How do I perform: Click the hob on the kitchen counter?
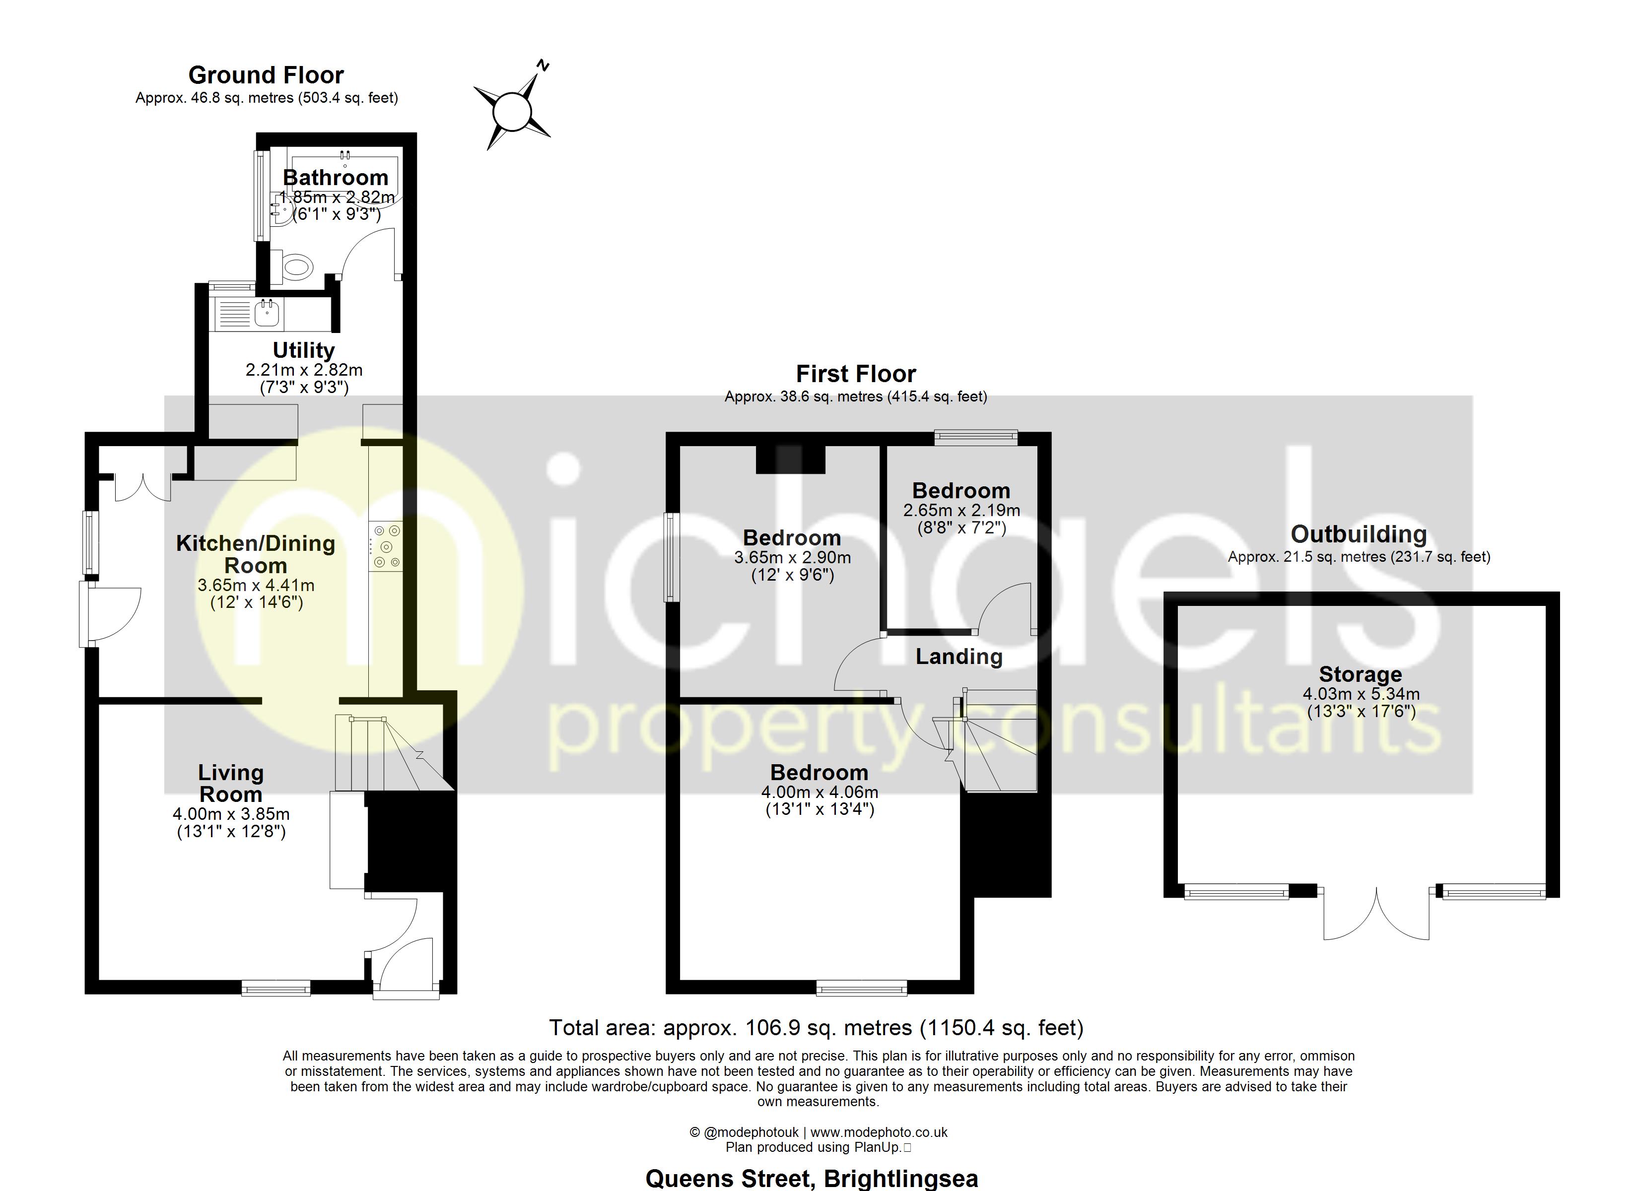tap(386, 547)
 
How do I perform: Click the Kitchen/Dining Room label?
tap(256, 554)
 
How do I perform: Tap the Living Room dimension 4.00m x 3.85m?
tap(231, 814)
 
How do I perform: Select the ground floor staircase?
tap(390, 755)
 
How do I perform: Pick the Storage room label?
tap(1360, 674)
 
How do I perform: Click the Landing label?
tap(958, 657)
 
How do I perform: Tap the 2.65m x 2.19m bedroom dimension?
tap(961, 511)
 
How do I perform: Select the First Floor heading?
tap(855, 374)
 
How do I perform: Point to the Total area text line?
tap(816, 1027)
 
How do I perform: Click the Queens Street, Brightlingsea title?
tap(811, 1179)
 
